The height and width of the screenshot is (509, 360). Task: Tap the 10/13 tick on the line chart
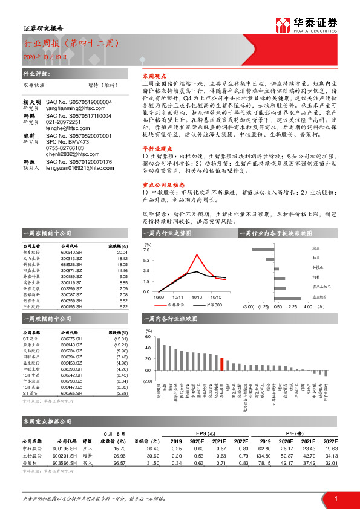(x=196, y=297)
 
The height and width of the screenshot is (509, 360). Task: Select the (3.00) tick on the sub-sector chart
(x=248, y=306)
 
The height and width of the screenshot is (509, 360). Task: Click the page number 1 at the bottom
(x=334, y=498)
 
